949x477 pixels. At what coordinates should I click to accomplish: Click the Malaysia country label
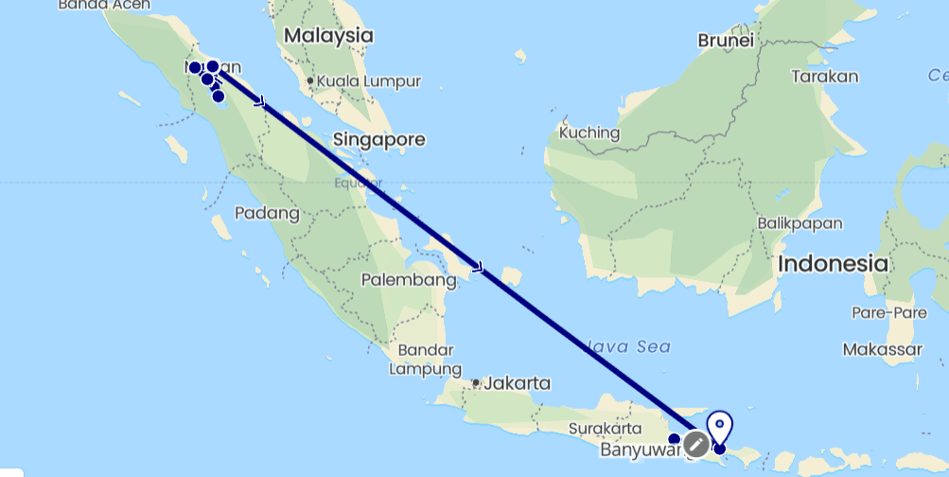coord(327,36)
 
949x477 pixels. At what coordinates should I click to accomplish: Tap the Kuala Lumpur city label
coord(369,81)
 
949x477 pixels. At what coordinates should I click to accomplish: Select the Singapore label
coord(378,140)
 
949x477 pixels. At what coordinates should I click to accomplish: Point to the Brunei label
coord(726,41)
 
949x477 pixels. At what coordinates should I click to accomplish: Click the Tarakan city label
coord(825,76)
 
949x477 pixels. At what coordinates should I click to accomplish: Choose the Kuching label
coord(589,132)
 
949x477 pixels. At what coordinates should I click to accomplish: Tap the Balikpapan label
coord(800,223)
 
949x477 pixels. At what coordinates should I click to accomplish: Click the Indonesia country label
coord(834,263)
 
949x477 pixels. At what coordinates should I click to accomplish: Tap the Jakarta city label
coord(516,383)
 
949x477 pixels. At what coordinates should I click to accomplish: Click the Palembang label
coord(410,280)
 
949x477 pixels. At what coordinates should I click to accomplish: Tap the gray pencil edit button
coord(696,443)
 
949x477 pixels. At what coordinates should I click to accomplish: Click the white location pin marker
coord(721,426)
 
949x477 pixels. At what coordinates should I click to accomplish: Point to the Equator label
coord(357,183)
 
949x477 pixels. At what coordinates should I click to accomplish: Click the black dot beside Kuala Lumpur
coord(310,80)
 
